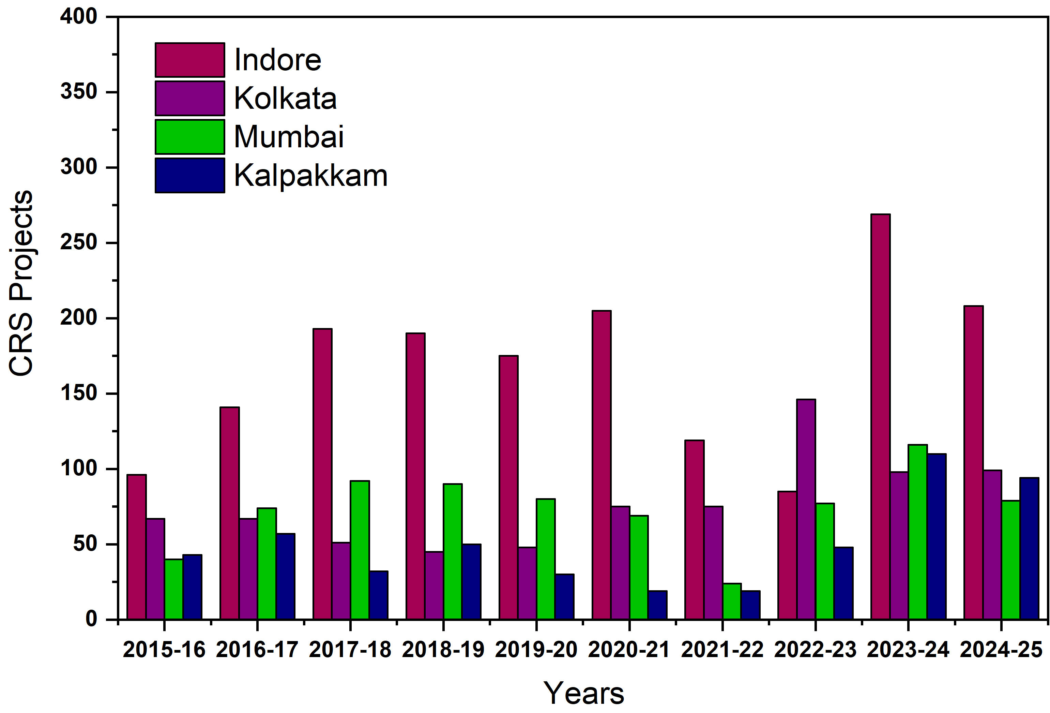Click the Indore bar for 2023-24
881,416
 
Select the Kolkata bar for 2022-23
806,509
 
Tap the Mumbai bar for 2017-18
360,549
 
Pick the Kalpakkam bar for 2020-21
657,605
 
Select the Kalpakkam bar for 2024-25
1029,548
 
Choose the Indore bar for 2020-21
602,464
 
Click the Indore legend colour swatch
190,60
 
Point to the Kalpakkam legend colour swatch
190,175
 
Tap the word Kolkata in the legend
285,98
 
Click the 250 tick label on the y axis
79,243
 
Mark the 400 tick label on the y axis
79,17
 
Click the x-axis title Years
583,693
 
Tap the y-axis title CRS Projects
21,283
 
